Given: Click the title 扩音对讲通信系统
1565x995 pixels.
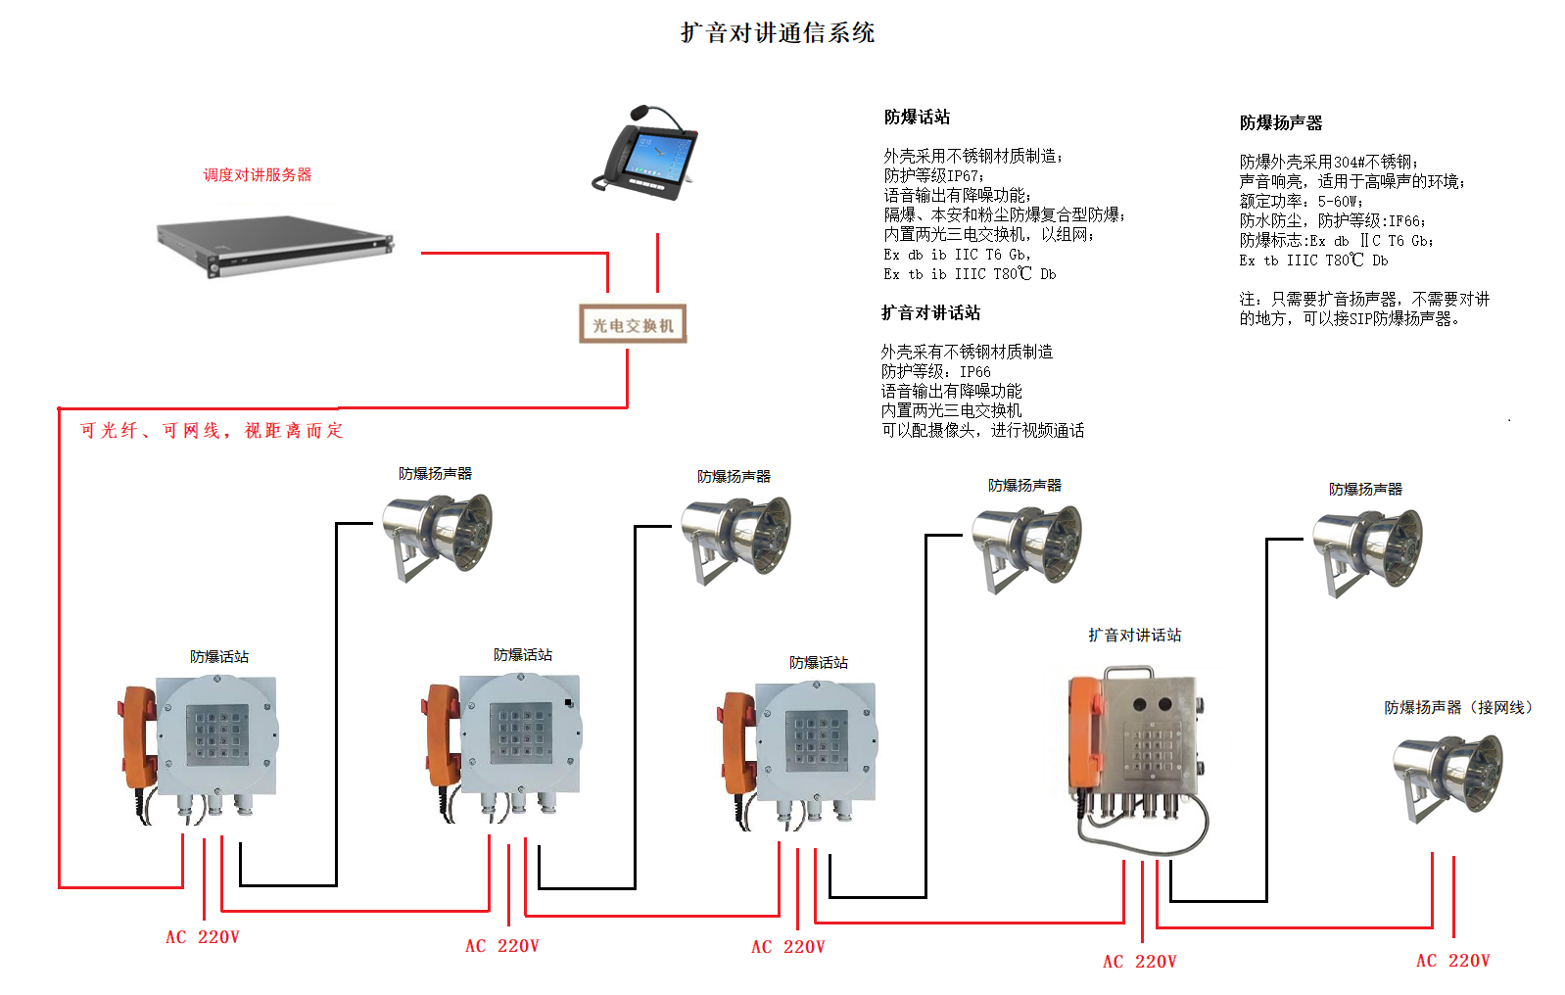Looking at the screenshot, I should click(x=778, y=33).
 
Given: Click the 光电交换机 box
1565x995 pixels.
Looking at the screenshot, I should click(x=633, y=324).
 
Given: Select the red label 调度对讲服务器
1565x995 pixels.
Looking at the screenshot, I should click(x=257, y=175).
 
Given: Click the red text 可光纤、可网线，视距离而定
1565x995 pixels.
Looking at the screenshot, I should click(x=212, y=431).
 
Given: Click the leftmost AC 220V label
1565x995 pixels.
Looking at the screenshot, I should click(x=202, y=937).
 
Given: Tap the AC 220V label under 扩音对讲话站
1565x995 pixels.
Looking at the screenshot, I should click(x=1139, y=962).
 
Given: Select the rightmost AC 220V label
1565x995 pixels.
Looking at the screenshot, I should click(x=1452, y=961).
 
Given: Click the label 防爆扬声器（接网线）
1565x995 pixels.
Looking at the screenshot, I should click(x=1457, y=707).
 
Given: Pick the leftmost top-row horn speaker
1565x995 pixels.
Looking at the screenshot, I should click(x=437, y=535).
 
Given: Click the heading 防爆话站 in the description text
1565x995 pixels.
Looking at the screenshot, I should click(x=917, y=118).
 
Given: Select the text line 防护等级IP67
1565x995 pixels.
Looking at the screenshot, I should click(x=932, y=176).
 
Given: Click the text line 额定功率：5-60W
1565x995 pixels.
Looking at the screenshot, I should click(x=1300, y=202).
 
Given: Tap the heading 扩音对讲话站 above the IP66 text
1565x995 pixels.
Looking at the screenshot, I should click(x=930, y=313).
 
